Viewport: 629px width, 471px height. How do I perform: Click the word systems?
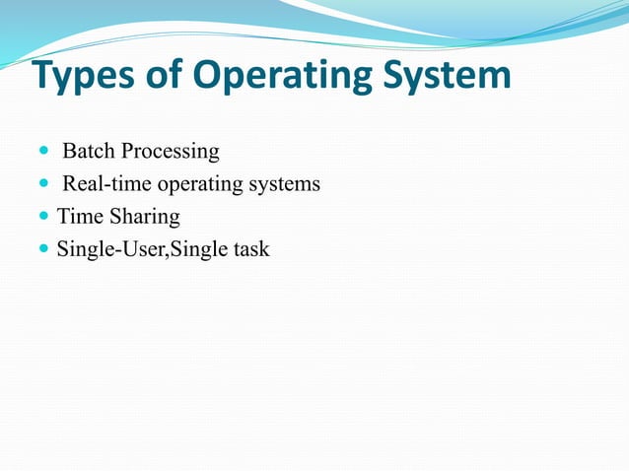(x=287, y=185)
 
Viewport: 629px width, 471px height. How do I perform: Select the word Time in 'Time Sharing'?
(x=78, y=217)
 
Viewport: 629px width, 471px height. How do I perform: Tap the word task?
(x=250, y=249)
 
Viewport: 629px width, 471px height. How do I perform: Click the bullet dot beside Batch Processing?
(x=43, y=153)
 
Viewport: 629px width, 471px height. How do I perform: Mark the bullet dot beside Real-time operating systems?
(x=43, y=185)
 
